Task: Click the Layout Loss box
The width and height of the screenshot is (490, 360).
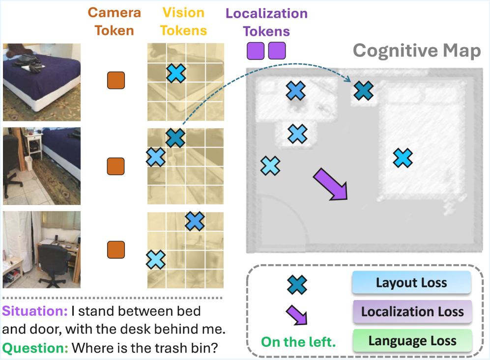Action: (411, 283)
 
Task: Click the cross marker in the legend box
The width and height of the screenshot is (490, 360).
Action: (297, 285)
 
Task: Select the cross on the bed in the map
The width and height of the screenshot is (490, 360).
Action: (403, 158)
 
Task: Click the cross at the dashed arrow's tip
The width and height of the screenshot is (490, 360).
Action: (363, 90)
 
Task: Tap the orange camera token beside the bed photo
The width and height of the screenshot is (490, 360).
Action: (116, 80)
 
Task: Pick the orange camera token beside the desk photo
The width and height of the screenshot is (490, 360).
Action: (116, 249)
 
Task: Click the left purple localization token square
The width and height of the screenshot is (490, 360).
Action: (255, 50)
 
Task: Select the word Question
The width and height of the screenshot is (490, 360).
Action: (35, 348)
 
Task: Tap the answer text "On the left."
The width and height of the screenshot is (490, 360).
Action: (298, 342)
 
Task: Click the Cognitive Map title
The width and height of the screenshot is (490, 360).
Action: (417, 51)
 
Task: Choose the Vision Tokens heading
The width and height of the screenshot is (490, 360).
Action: (184, 23)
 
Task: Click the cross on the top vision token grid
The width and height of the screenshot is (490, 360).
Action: (175, 73)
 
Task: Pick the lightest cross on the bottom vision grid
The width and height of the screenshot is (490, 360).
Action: (155, 258)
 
